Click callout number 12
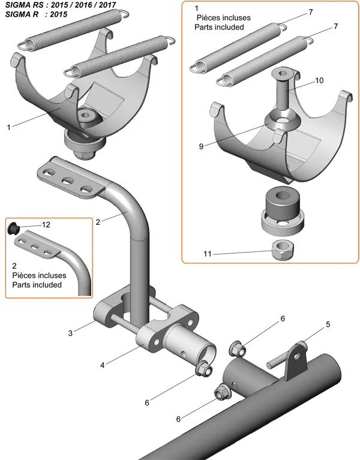(x=46, y=224)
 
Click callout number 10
(x=319, y=80)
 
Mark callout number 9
(x=202, y=145)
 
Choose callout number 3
(x=70, y=332)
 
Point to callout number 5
(x=328, y=324)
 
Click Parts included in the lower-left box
(x=37, y=285)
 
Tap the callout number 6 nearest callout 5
(x=282, y=318)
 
